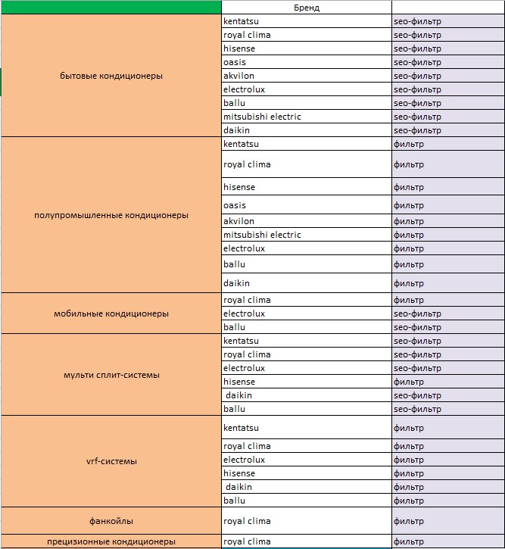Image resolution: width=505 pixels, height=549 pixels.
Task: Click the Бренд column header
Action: tap(307, 7)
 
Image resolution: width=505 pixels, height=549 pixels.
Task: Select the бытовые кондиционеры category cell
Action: tap(111, 76)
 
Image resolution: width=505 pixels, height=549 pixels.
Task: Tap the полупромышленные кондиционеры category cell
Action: tap(111, 215)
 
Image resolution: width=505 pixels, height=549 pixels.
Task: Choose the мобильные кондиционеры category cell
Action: tap(111, 313)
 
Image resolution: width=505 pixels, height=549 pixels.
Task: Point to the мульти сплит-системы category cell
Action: tap(111, 375)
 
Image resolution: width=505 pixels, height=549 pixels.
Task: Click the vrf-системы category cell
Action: tap(111, 460)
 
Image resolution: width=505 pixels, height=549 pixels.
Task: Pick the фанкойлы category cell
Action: tap(111, 521)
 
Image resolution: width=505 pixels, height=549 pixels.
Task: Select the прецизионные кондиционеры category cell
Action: tap(111, 541)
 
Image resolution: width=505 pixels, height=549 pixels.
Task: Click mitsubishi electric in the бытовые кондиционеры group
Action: tap(262, 117)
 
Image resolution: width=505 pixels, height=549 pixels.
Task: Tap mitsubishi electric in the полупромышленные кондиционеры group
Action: tap(262, 235)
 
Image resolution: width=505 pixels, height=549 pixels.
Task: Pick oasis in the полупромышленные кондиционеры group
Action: tap(235, 205)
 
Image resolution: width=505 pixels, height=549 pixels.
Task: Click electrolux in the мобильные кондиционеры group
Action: tap(244, 313)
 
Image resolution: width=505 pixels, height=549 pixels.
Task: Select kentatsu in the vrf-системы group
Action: tap(241, 428)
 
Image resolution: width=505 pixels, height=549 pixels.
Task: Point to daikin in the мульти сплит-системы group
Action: tap(239, 395)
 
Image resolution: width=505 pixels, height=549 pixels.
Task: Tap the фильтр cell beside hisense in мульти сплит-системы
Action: tap(409, 382)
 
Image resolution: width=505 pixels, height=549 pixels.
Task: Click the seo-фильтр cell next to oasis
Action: tap(417, 62)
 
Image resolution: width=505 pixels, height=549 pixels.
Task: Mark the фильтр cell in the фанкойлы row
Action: tap(409, 521)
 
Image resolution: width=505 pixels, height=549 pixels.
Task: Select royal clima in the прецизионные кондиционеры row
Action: tap(247, 541)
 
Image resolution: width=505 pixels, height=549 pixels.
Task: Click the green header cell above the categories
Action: tap(111, 7)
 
